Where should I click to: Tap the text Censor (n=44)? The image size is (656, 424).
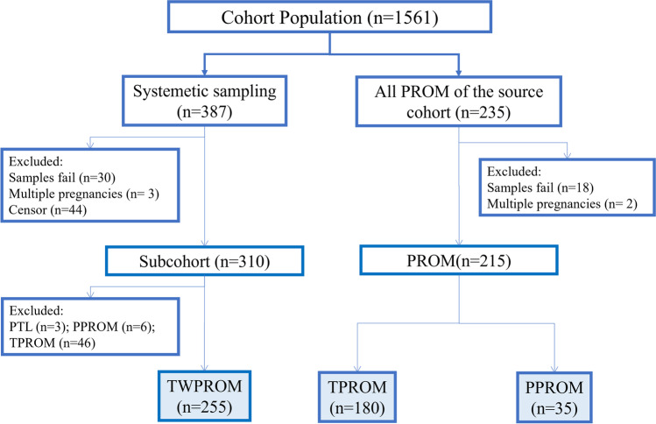[51, 211]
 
